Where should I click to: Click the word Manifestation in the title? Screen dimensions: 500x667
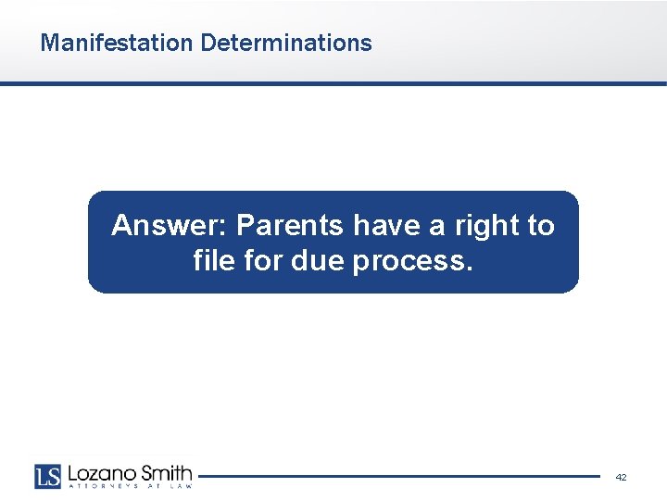[117, 43]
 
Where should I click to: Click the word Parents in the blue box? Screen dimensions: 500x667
[291, 226]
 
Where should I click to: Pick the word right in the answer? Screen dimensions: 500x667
[478, 226]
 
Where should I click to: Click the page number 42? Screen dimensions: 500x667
[621, 477]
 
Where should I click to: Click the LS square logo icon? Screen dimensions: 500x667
[47, 476]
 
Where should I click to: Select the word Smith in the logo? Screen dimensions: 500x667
[165, 472]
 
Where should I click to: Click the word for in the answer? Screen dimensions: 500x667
[264, 262]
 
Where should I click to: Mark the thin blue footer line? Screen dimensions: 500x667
[398, 477]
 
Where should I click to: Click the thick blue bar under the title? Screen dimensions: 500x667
[333, 83]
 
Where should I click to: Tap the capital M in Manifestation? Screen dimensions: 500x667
[49, 43]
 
